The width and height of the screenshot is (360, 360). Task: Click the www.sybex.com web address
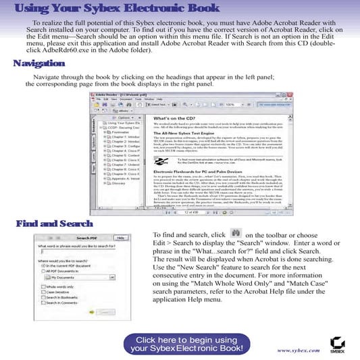tap(298, 350)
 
